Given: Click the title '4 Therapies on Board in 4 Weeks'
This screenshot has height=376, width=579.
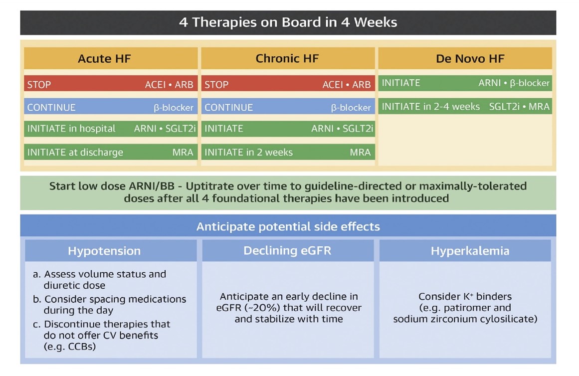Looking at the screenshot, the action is tap(288, 22).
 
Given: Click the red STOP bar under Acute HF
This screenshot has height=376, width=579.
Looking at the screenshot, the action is tap(111, 84).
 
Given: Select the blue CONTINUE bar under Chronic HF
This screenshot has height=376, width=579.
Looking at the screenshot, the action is tap(288, 107).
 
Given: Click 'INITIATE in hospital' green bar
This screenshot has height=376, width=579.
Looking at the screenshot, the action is tap(111, 129).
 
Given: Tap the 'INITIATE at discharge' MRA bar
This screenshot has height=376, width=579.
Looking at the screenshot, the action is tap(111, 152).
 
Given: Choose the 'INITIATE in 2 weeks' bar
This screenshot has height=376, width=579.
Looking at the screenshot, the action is tap(288, 152).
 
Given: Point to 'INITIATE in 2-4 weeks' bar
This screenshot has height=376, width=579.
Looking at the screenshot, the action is tap(465, 106).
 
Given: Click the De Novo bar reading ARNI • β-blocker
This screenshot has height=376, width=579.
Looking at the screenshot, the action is tap(465, 83).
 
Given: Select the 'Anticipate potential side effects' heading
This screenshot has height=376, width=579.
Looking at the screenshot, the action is tap(288, 226).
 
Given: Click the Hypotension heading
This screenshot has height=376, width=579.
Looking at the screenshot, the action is tap(104, 251).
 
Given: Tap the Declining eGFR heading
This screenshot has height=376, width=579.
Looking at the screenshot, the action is tap(287, 250).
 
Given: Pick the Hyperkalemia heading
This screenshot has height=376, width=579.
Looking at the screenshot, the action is tap(470, 251).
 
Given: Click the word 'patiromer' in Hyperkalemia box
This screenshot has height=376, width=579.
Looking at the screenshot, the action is tap(466, 308).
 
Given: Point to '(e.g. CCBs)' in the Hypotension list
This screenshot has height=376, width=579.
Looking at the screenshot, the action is tap(70, 347).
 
